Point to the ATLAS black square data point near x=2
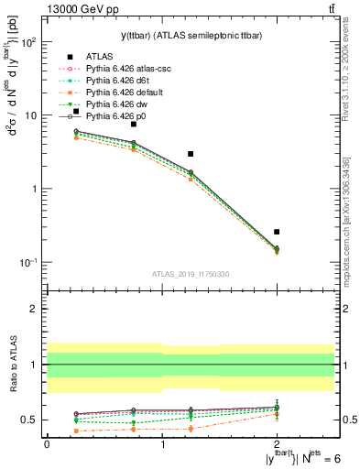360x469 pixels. pyautogui.click(x=277, y=232)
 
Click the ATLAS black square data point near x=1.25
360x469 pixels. pyautogui.click(x=191, y=154)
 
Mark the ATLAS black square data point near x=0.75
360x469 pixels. pyautogui.click(x=134, y=124)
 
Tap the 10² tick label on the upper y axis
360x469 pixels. pyautogui.click(x=28, y=42)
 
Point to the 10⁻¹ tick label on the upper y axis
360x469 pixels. pyautogui.click(x=28, y=263)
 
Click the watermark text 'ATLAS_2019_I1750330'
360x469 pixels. pyautogui.click(x=190, y=274)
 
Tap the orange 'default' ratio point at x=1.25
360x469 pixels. pyautogui.click(x=191, y=429)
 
